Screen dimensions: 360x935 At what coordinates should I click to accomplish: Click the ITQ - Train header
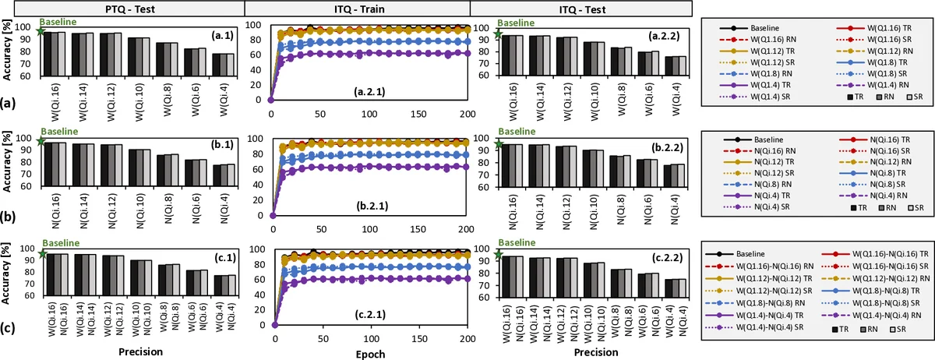pyautogui.click(x=358, y=8)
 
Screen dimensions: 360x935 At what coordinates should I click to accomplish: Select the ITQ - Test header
pyautogui.click(x=583, y=8)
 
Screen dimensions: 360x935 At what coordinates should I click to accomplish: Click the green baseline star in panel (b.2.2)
pyautogui.click(x=499, y=143)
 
